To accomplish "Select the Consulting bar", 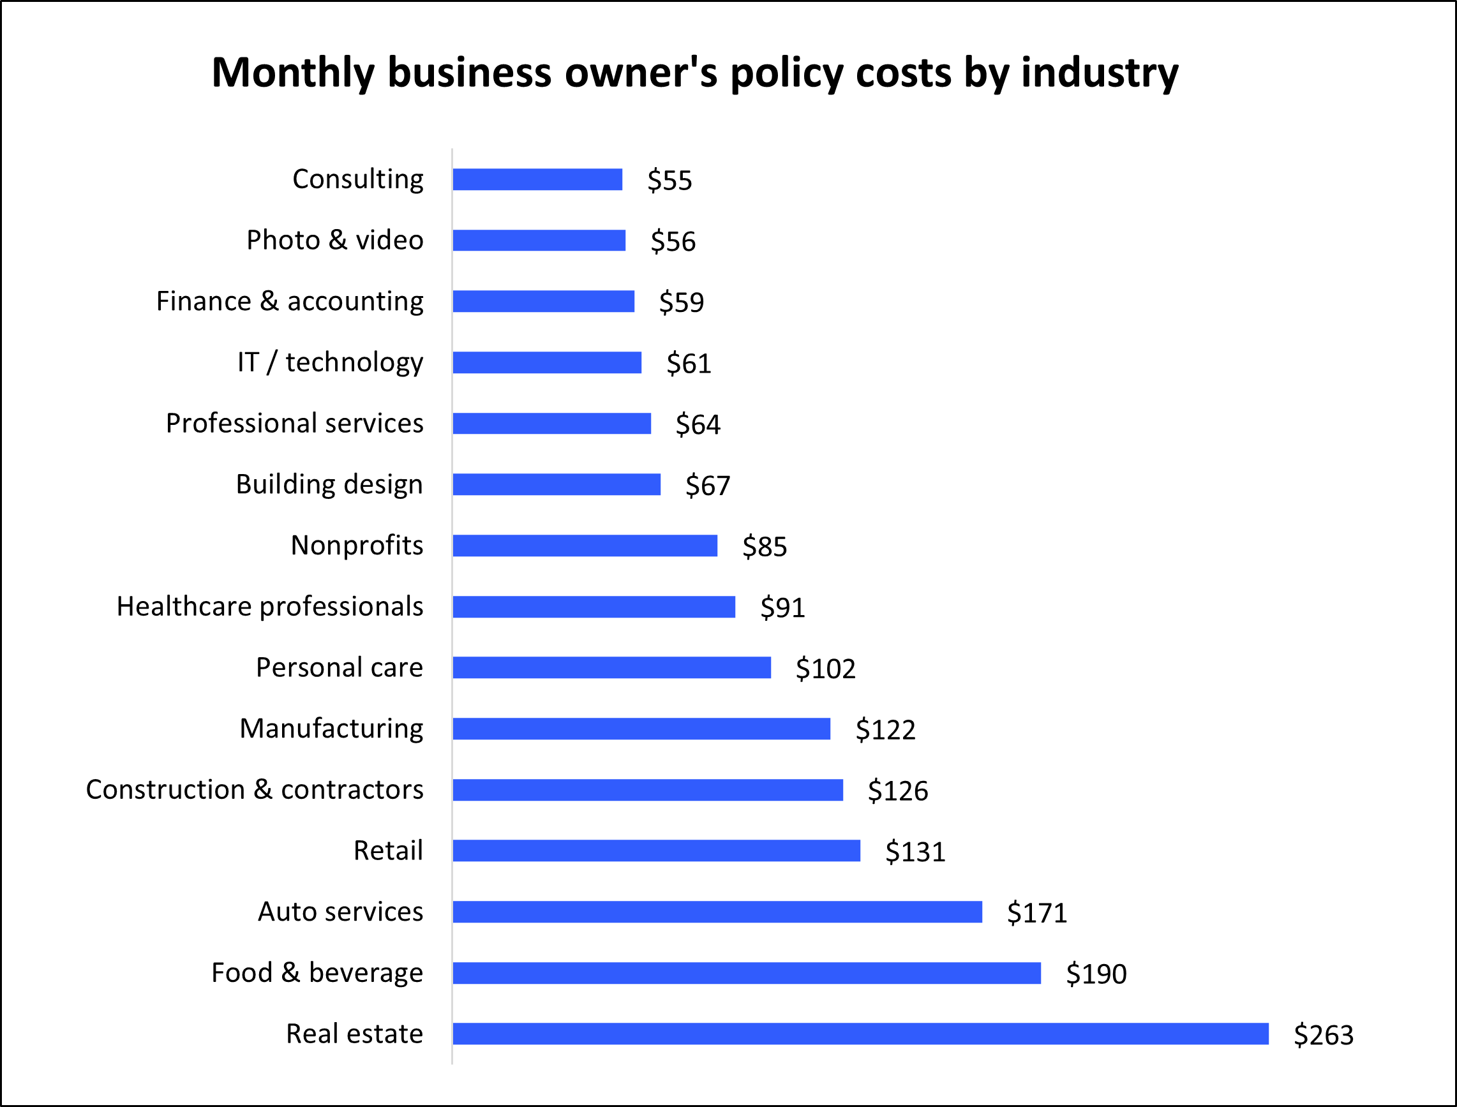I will pyautogui.click(x=537, y=179).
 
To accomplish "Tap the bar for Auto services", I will pyautogui.click(x=717, y=912).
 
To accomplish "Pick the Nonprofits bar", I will pyautogui.click(x=585, y=546).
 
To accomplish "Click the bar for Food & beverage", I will pyautogui.click(x=747, y=973).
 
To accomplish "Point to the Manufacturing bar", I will pyautogui.click(x=641, y=729).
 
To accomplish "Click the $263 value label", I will pyautogui.click(x=1323, y=1035).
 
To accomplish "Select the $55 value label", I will pyautogui.click(x=669, y=181).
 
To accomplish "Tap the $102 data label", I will pyautogui.click(x=825, y=669).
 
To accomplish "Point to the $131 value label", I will pyautogui.click(x=915, y=852).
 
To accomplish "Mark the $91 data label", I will pyautogui.click(x=782, y=607).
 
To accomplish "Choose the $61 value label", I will pyautogui.click(x=689, y=364).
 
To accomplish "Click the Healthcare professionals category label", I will pyautogui.click(x=269, y=607).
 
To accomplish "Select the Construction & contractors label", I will pyautogui.click(x=255, y=789).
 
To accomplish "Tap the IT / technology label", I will pyautogui.click(x=330, y=362).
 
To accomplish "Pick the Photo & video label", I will pyautogui.click(x=335, y=240).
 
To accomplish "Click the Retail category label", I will pyautogui.click(x=388, y=851).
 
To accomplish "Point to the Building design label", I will pyautogui.click(x=329, y=485).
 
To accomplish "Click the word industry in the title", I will pyautogui.click(x=1099, y=73).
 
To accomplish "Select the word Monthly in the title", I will pyautogui.click(x=292, y=73).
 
